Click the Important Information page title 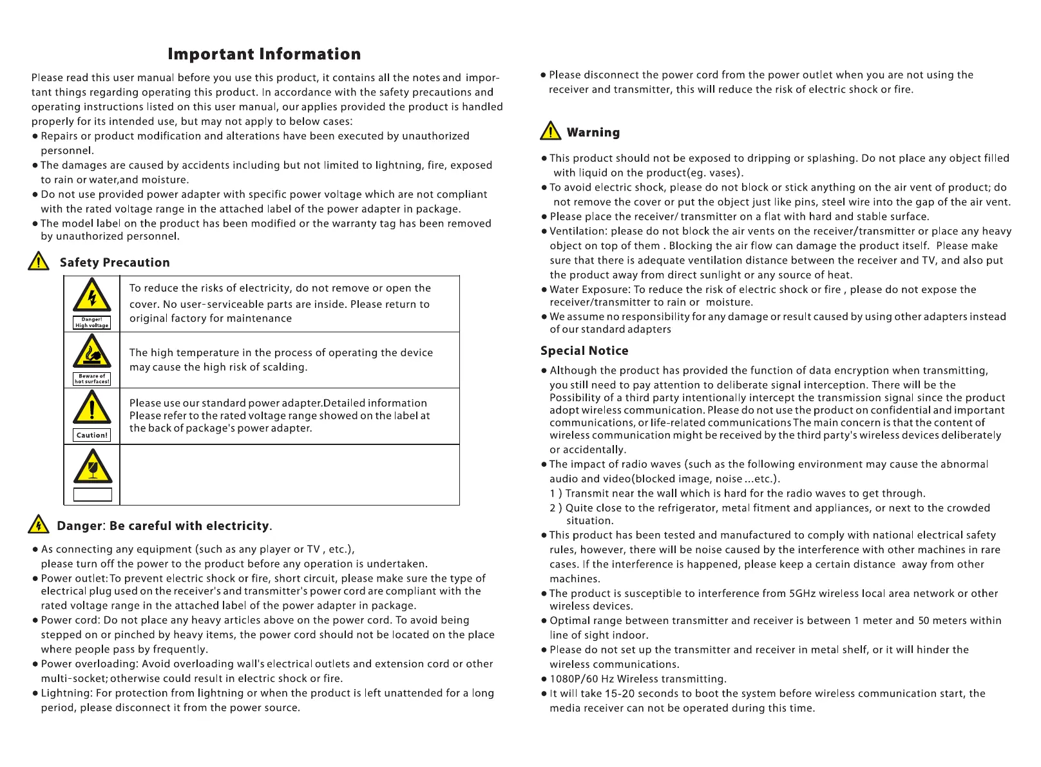(264, 54)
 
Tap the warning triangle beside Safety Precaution (39, 261)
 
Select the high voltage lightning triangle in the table (92, 296)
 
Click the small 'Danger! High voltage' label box (92, 323)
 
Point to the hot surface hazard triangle (92, 352)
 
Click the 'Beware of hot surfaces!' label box (92, 379)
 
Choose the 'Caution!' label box (92, 435)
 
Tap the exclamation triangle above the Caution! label (92, 408)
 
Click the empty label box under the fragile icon (93, 495)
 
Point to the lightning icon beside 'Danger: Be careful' (39, 525)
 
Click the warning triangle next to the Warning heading (551, 131)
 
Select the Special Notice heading (584, 351)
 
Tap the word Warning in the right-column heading (593, 133)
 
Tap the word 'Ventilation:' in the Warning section (578, 231)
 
